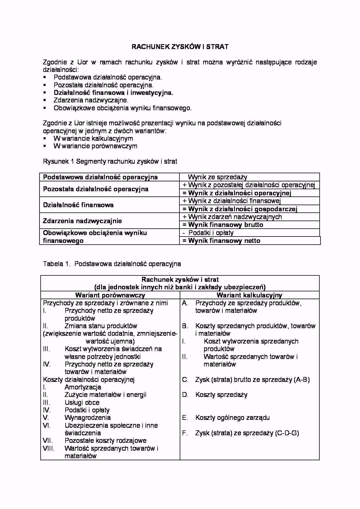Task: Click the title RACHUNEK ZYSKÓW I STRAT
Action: click(180, 47)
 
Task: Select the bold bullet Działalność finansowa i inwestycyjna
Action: click(113, 93)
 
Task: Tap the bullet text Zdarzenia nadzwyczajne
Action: click(91, 100)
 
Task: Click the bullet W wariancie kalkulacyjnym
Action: click(93, 138)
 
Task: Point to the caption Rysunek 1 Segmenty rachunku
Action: click(110, 161)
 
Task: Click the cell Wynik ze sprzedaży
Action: click(217, 177)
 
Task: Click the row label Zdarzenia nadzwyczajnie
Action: click(82, 221)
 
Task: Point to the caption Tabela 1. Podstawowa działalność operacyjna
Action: click(112, 264)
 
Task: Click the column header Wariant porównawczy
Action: click(110, 295)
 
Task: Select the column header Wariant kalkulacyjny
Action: click(249, 295)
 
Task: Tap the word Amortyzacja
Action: click(83, 387)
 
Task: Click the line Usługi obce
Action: click(82, 402)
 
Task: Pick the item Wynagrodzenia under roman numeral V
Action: click(87, 418)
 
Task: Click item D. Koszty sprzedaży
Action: click(221, 395)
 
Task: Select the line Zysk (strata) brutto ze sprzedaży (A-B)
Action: click(252, 380)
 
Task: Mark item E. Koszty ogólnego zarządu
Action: click(232, 418)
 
